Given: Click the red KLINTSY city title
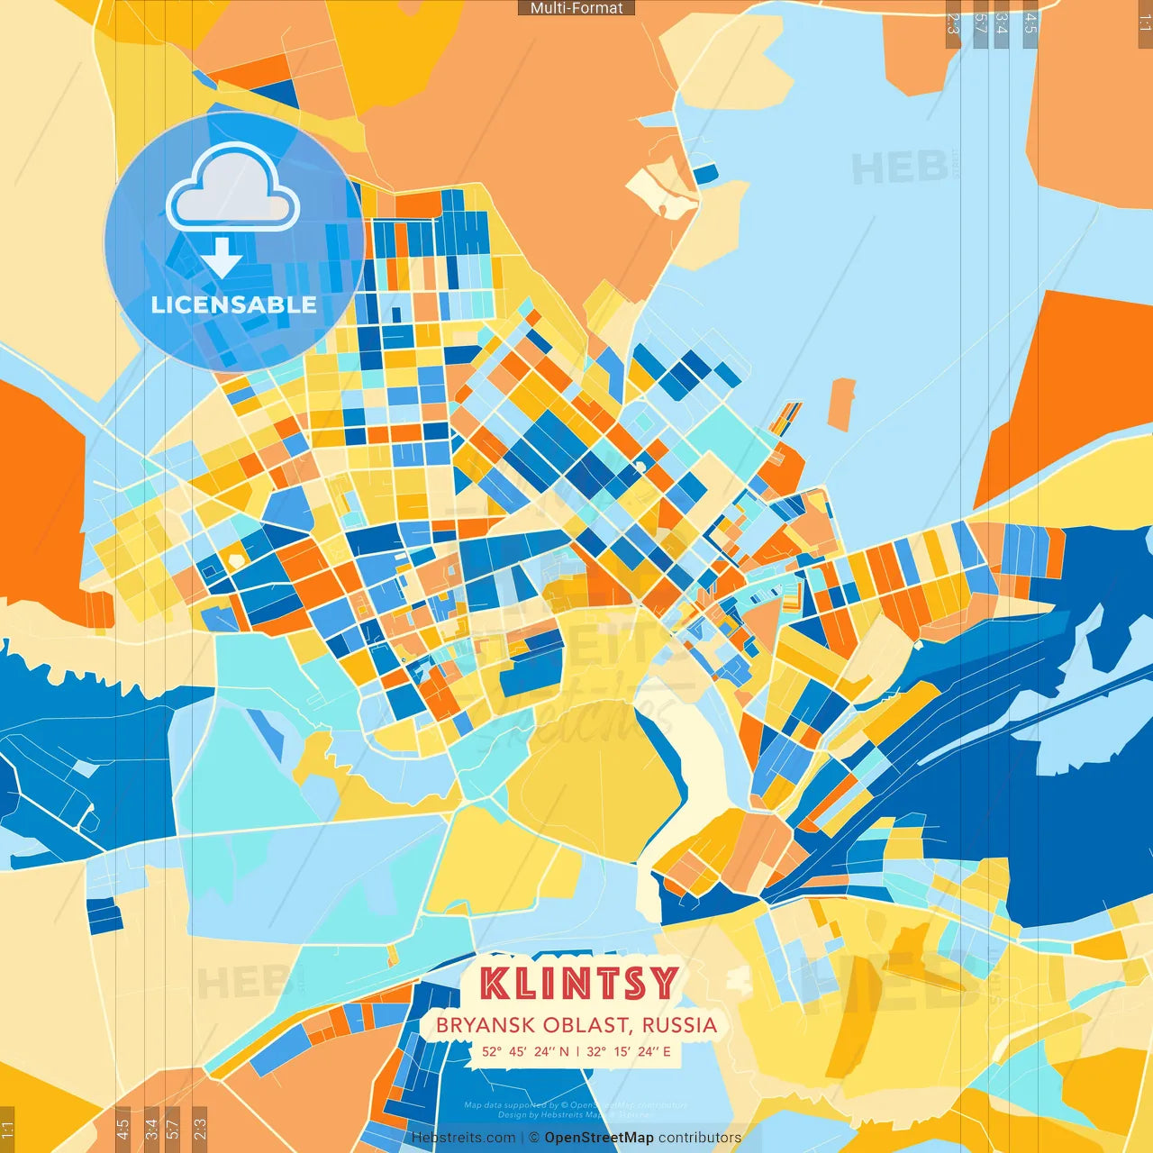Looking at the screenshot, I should (x=577, y=984).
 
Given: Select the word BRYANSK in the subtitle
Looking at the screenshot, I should (x=474, y=1025).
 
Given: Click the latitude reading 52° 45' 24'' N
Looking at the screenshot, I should (x=525, y=1051).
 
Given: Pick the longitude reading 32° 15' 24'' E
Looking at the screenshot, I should (x=629, y=1051).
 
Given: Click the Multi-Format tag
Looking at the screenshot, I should (x=576, y=8).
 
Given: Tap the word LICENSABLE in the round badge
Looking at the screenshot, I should (x=234, y=305).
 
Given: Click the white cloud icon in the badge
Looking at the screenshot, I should (x=233, y=189).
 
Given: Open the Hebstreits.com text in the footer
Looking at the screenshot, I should (x=463, y=1138).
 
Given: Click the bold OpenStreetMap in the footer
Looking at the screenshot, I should (x=599, y=1138).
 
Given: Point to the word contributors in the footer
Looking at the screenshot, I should (x=700, y=1138).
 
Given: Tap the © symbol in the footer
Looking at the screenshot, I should (x=534, y=1138).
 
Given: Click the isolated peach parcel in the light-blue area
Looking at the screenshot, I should (x=841, y=404).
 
